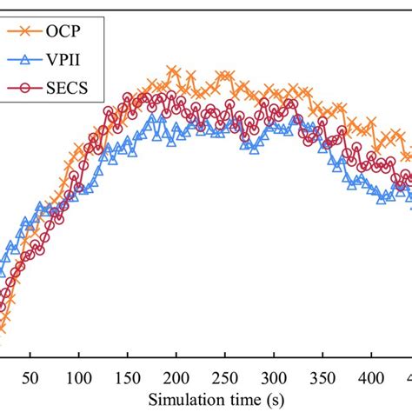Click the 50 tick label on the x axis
(30, 379)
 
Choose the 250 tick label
(225, 379)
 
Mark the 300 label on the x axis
(274, 379)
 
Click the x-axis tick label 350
(322, 379)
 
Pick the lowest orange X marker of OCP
(3, 328)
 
